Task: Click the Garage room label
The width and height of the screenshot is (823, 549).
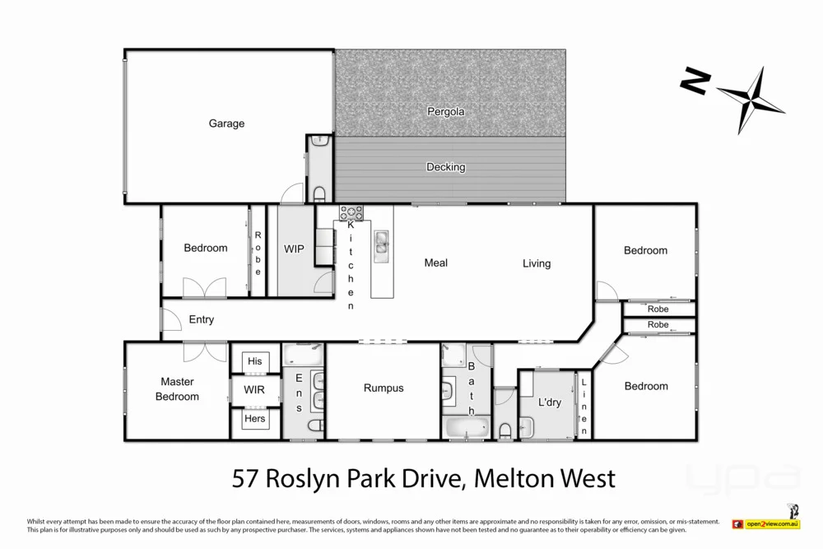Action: (226, 123)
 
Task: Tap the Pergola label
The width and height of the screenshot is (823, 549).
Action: (446, 111)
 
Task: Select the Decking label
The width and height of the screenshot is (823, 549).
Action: (446, 167)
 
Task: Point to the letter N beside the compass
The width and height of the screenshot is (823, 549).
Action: (695, 81)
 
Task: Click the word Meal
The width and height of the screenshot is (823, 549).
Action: (435, 263)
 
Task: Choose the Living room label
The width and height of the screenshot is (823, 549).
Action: (537, 263)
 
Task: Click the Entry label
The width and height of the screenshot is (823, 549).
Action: (202, 319)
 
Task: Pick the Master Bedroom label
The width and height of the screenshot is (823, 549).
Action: (178, 388)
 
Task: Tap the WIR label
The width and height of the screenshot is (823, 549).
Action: (254, 389)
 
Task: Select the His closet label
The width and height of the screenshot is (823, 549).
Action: (254, 361)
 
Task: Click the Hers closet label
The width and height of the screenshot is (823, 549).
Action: (254, 419)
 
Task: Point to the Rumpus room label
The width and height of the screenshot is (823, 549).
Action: (384, 388)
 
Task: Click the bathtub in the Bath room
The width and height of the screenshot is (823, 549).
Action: (465, 428)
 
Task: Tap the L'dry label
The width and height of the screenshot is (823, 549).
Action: (550, 402)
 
